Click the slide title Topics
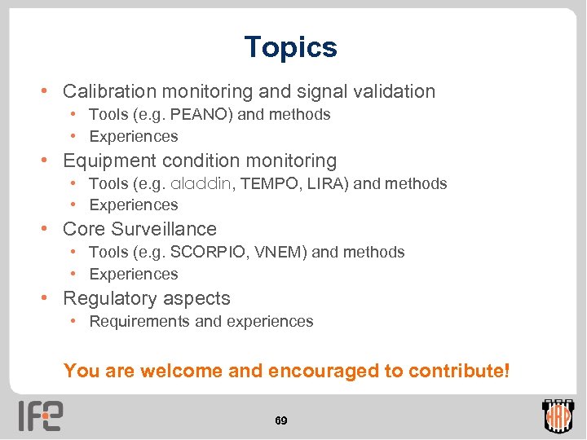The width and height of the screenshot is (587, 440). pos(290,47)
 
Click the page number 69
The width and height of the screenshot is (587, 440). pos(280,420)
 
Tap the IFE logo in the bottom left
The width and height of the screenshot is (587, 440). pos(41,416)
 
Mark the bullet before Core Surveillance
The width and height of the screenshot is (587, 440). pos(50,229)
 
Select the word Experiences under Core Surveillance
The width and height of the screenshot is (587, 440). pos(133,275)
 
